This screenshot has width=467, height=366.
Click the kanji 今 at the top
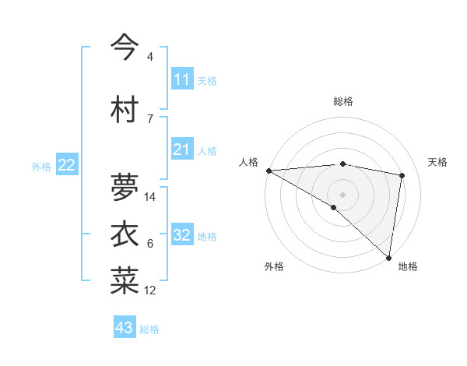click(125, 47)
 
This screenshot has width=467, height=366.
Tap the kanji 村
click(125, 110)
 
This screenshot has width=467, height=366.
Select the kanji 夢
click(125, 188)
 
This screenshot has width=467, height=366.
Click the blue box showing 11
click(181, 79)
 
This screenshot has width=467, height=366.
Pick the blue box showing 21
click(181, 150)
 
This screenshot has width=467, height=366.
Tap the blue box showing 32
click(181, 235)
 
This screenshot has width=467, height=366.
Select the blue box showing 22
click(67, 165)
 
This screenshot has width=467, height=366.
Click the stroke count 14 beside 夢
click(151, 197)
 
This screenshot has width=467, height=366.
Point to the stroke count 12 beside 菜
click(151, 290)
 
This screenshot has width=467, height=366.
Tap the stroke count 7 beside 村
click(150, 118)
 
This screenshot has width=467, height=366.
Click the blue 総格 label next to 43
click(149, 329)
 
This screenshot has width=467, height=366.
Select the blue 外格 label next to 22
click(41, 166)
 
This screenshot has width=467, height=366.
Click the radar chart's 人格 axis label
click(249, 162)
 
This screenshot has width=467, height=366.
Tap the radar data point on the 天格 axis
click(402, 175)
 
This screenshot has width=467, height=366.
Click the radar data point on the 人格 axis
click(269, 171)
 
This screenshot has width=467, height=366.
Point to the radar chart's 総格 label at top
click(343, 101)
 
